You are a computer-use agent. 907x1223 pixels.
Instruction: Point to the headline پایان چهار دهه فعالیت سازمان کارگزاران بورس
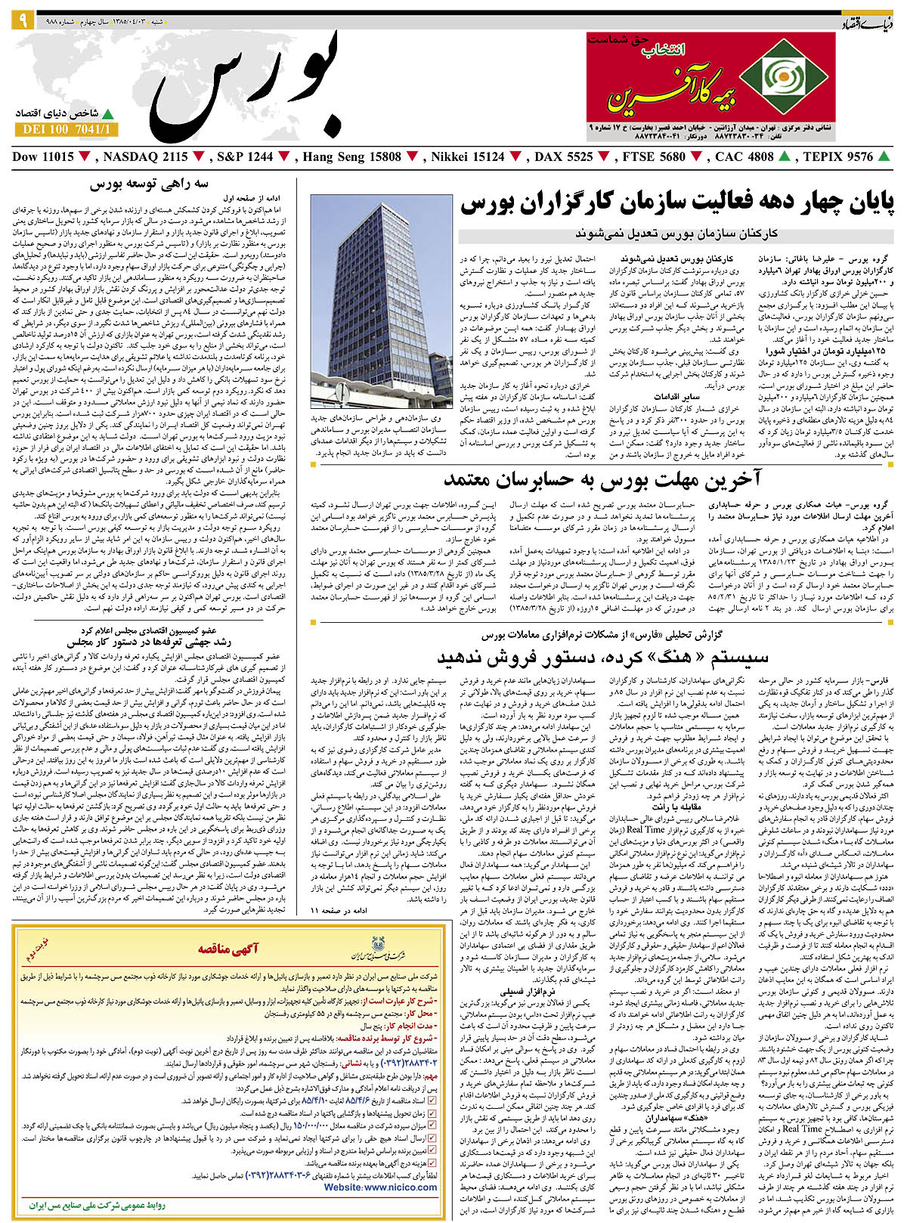point(676,203)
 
